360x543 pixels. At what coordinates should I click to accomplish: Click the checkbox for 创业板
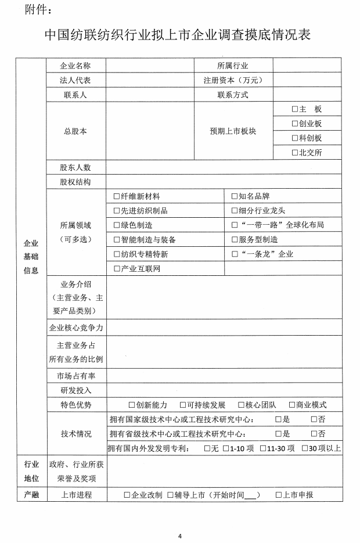294,124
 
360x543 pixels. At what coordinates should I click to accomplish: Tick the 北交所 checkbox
294,153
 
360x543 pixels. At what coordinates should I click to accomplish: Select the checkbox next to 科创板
294,138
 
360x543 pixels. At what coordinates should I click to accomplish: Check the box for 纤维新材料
117,196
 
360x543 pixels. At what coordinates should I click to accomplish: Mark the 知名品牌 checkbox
235,196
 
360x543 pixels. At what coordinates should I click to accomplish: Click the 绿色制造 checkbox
117,225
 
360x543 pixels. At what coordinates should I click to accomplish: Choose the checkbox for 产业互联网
117,269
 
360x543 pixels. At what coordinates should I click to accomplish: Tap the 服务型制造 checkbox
235,240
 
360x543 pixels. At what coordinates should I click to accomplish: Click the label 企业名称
75,66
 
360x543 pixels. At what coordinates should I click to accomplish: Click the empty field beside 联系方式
307,95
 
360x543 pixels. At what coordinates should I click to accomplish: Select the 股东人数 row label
75,167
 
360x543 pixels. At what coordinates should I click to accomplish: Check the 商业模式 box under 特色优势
291,405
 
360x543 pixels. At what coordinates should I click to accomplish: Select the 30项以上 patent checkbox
305,448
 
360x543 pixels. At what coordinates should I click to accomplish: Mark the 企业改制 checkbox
127,495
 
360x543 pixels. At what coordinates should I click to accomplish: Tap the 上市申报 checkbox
279,495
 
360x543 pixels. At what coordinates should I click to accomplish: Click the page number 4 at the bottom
180,535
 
